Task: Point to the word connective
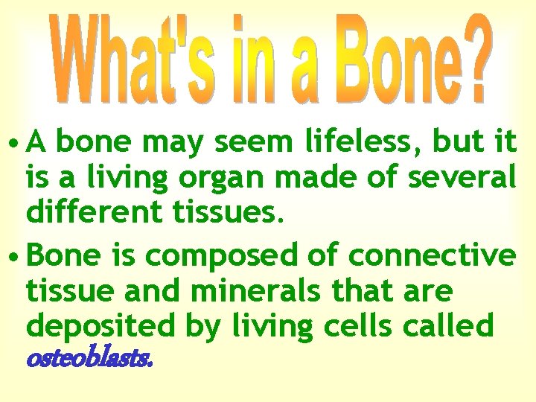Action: coord(432,255)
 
